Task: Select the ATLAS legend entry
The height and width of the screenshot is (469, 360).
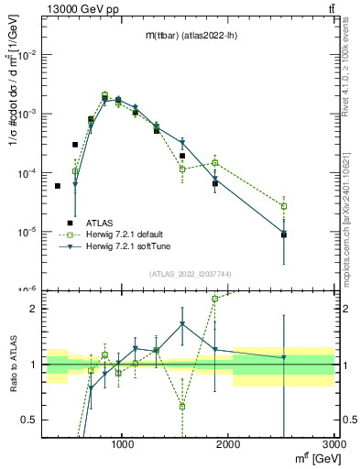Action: tap(100, 223)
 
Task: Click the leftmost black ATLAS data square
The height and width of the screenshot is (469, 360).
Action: tap(57, 186)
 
